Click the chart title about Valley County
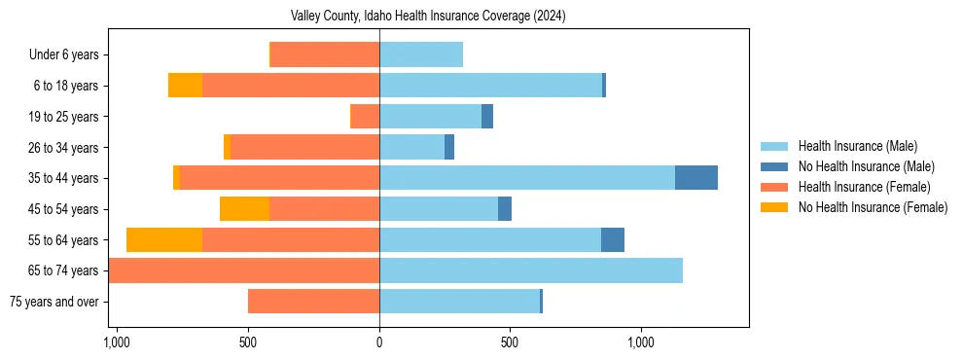point(428,17)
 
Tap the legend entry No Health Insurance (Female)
point(873,207)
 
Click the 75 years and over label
point(53,302)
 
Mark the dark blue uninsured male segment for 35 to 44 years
point(696,178)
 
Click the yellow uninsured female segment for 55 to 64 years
point(164,239)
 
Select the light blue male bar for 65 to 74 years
point(531,270)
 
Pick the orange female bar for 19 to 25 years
point(365,117)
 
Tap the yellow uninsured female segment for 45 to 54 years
point(244,209)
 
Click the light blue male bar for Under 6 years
point(421,55)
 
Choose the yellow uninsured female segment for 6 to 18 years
point(185,86)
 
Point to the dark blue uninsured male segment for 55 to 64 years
point(613,239)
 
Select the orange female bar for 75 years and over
point(313,302)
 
